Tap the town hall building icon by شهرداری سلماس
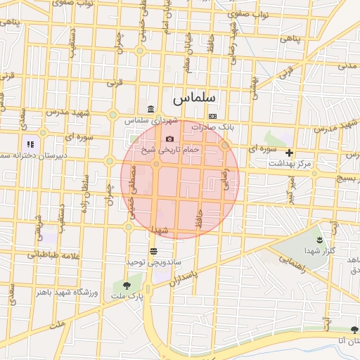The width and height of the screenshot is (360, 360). pyautogui.click(x=152, y=109)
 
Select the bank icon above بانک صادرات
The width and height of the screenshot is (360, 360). pyautogui.click(x=212, y=116)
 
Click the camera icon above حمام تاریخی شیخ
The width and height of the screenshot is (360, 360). pyautogui.click(x=170, y=139)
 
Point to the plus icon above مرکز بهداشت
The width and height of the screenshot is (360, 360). pyautogui.click(x=289, y=153)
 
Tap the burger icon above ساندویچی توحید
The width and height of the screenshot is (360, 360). pyautogui.click(x=153, y=251)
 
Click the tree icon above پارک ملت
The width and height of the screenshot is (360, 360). pyautogui.click(x=127, y=285)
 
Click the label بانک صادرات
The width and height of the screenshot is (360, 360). pyautogui.click(x=215, y=127)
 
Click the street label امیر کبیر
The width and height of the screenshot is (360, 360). pyautogui.click(x=288, y=189)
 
